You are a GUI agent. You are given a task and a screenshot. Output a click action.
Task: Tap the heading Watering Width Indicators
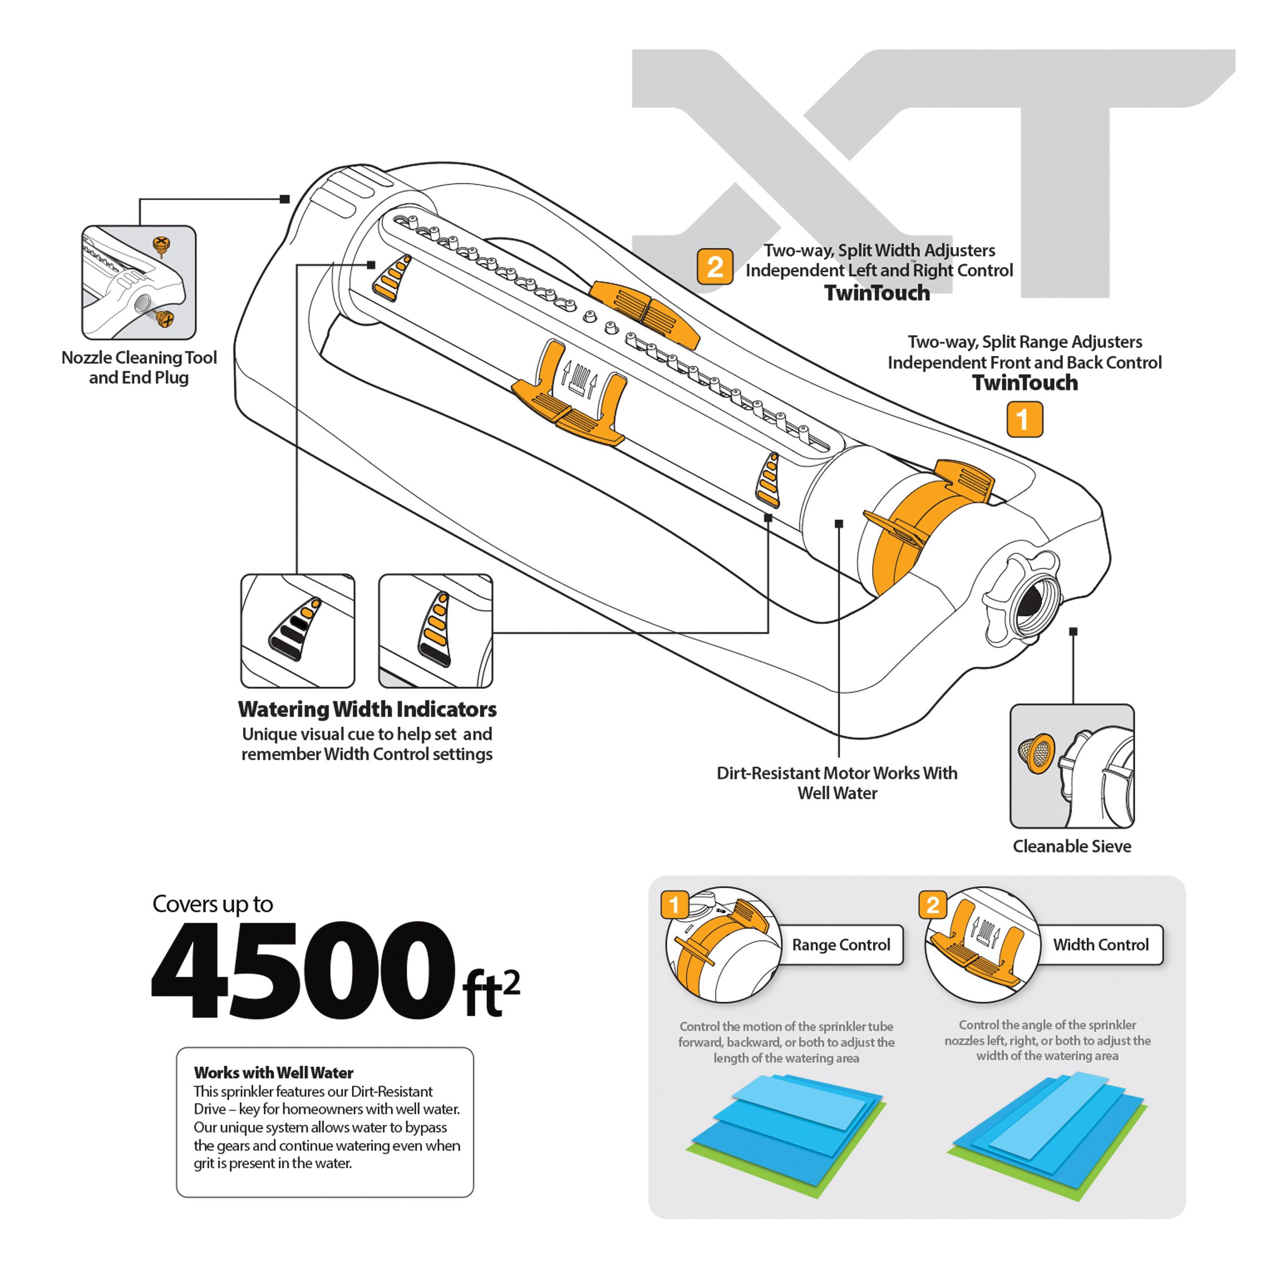(367, 710)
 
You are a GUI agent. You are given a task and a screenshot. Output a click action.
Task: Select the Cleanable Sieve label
(1071, 847)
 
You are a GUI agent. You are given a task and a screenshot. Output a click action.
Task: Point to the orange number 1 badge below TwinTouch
(1024, 419)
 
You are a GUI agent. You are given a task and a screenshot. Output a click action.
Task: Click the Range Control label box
(841, 944)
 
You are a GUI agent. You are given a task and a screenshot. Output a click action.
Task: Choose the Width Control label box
(1100, 944)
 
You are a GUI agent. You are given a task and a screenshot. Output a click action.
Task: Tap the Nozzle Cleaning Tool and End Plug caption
(139, 367)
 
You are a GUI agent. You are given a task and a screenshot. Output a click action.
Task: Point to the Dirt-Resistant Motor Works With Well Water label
(837, 783)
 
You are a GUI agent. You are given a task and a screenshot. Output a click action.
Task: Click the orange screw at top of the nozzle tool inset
(160, 245)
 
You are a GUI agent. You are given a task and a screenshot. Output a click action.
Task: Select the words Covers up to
(213, 904)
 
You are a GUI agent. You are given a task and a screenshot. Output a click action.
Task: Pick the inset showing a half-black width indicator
(298, 631)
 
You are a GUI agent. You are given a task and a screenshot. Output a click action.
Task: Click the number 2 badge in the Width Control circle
(933, 905)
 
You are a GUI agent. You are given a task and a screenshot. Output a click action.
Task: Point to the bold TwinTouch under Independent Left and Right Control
(877, 293)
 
